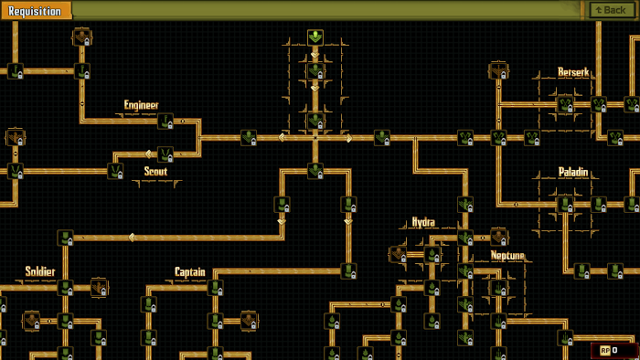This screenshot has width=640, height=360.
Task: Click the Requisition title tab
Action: tap(35, 11)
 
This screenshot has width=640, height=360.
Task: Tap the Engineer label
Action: tap(142, 105)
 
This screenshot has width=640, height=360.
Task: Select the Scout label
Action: tap(155, 171)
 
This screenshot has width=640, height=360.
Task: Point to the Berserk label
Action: tap(574, 72)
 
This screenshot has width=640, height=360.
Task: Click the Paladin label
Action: tap(573, 172)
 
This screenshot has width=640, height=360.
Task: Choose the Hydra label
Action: tap(422, 222)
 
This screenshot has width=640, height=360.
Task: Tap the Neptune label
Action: tap(507, 255)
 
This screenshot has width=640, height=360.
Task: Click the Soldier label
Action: tap(40, 271)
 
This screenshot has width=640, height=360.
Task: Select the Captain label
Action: tap(190, 271)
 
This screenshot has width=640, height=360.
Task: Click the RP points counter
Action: tap(609, 350)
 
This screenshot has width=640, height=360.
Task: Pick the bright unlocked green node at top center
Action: tap(315, 37)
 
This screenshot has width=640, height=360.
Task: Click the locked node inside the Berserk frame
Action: tap(565, 104)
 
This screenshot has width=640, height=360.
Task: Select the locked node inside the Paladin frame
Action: tap(565, 205)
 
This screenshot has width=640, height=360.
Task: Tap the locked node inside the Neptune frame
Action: tap(499, 288)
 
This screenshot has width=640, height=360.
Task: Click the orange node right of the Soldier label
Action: tap(99, 287)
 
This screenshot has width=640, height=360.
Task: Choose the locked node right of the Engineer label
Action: tap(165, 122)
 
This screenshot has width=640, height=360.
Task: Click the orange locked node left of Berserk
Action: tap(498, 71)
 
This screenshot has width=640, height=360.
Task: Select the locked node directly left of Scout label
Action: tap(115, 171)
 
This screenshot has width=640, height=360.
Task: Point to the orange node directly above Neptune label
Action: tap(498, 237)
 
